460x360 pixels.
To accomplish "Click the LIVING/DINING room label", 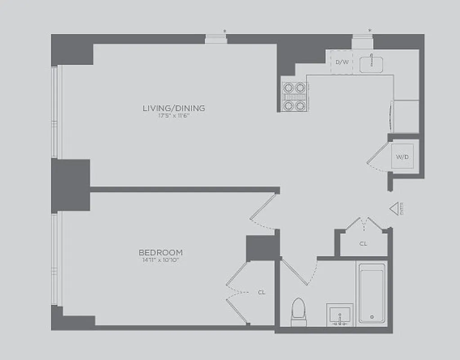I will click(174, 108).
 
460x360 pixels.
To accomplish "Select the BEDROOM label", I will click(161, 252).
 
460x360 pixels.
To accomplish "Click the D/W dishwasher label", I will click(342, 62).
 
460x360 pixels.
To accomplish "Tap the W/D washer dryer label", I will click(402, 157).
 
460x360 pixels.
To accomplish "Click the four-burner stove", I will click(294, 96).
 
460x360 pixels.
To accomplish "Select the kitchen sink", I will click(371, 63).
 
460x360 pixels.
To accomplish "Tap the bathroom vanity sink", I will click(339, 314).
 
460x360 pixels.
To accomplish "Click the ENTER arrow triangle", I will click(394, 208).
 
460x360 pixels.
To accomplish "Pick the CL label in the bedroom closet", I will click(262, 292).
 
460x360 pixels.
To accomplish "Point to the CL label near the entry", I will click(363, 243).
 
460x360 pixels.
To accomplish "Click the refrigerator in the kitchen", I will click(406, 116).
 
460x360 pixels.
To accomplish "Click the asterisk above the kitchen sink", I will click(370, 31).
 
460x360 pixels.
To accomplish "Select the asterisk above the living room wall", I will click(224, 31).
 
